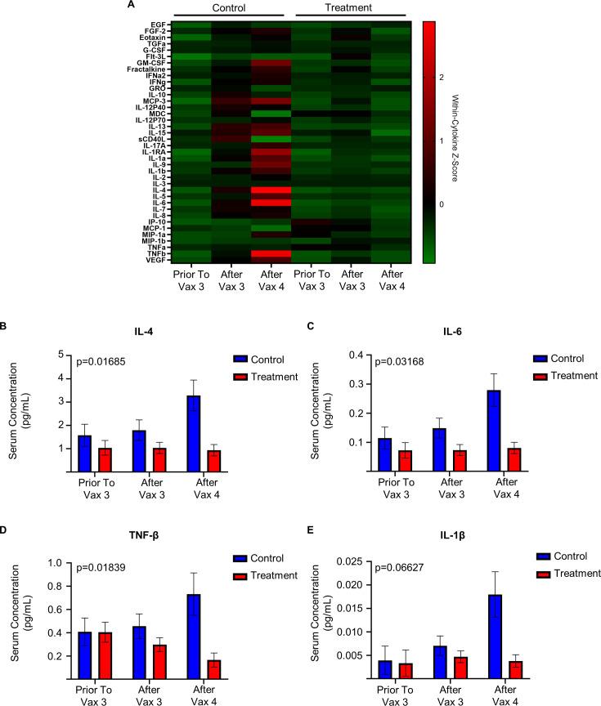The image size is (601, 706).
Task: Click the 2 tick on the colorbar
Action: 463,77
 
